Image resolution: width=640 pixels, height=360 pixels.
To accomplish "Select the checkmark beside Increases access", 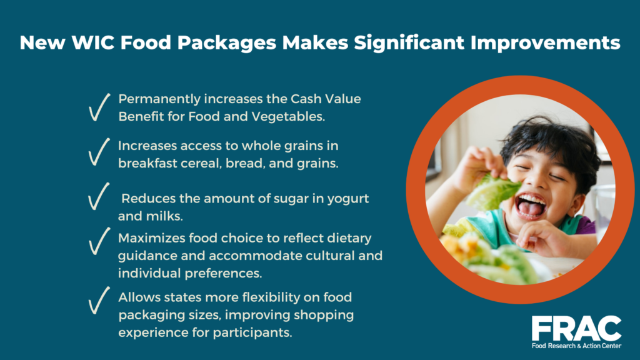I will [99, 152].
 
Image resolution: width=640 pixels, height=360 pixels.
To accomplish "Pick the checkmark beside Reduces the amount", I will [99, 197].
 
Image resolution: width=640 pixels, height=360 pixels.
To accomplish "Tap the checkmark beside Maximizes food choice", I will [99, 241].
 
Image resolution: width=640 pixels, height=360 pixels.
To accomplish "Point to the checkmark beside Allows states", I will [99, 301].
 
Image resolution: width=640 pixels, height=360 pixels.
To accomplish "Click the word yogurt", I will [346, 198].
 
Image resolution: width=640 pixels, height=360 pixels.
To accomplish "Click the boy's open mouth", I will [529, 206].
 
